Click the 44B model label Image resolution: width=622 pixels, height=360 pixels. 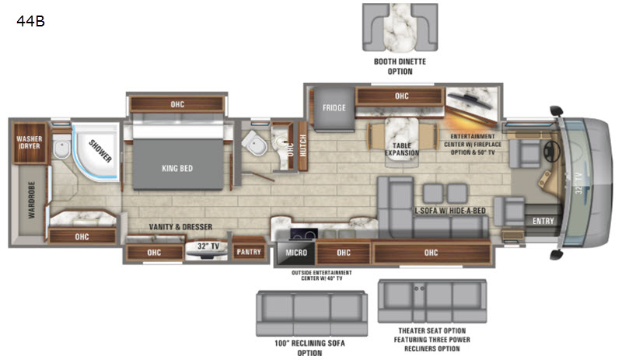coord(30,21)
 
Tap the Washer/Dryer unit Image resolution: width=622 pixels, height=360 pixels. coord(30,143)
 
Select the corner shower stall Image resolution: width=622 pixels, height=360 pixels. coord(96,152)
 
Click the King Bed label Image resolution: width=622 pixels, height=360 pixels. coord(177,168)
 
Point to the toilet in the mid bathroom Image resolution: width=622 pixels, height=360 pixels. coord(255,143)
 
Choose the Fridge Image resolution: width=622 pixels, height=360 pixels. coord(334,109)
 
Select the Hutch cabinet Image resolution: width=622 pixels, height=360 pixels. coord(303,145)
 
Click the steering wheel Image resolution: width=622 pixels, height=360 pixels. coord(551,151)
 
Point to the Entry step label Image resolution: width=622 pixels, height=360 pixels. coord(543,221)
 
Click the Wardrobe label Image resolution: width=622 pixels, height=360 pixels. coord(32,200)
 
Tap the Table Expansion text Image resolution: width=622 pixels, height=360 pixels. coord(401,149)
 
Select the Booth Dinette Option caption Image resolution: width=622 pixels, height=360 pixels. coord(400,66)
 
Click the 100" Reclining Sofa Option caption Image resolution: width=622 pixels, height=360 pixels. coord(309,348)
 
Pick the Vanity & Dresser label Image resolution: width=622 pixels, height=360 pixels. coord(180,226)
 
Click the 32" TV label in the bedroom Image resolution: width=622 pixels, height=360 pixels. coord(208,246)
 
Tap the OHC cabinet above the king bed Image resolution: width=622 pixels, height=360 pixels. coord(177,104)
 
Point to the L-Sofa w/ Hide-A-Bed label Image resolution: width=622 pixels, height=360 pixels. coord(450,211)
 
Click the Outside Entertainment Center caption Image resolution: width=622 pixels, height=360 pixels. coord(322,275)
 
